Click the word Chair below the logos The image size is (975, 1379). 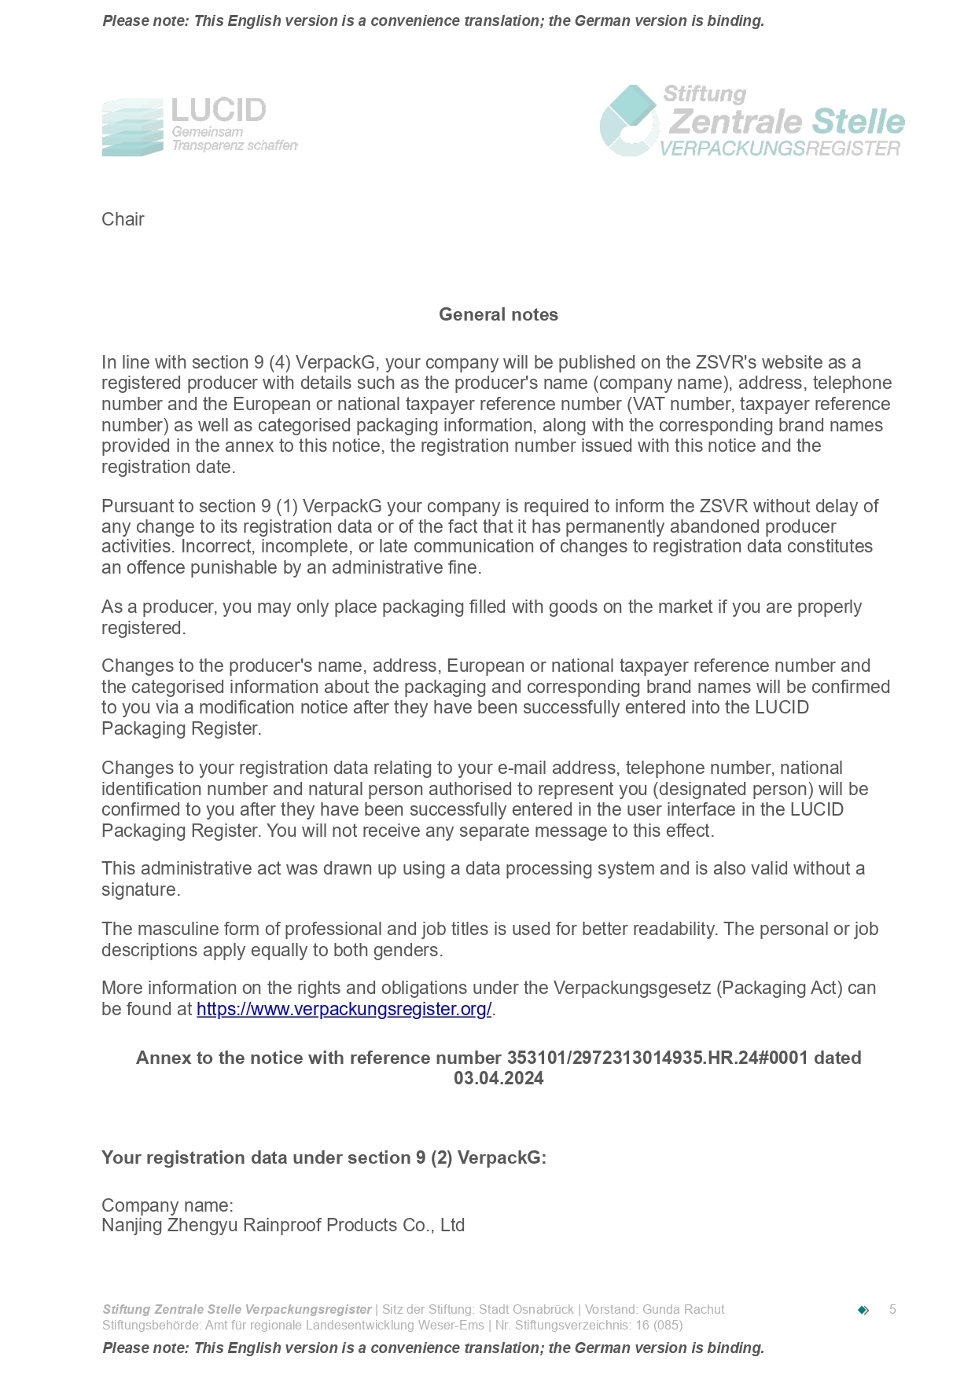(123, 219)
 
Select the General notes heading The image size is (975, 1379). (498, 314)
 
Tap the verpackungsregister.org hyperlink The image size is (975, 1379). (344, 1010)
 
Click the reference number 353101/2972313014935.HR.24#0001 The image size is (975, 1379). (657, 1058)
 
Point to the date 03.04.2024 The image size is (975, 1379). (498, 1079)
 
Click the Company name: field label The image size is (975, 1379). (167, 1205)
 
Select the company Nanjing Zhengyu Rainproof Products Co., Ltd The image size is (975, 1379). (283, 1226)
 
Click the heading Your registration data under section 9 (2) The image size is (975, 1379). (323, 1157)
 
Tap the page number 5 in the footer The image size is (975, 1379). (892, 1309)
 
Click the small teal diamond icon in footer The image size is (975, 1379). (863, 1310)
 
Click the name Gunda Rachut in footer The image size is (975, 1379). (683, 1309)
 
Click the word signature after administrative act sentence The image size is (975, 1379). (140, 890)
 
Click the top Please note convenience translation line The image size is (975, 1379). (433, 21)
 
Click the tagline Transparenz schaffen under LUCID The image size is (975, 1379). (234, 146)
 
